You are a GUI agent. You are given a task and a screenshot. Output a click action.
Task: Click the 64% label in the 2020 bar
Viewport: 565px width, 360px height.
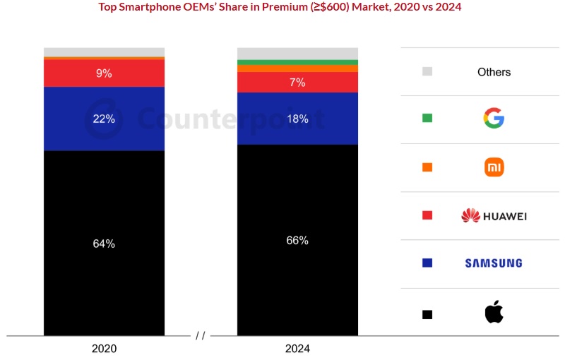click(x=104, y=244)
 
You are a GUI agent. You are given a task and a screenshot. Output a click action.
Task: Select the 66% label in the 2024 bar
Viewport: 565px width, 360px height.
click(x=297, y=240)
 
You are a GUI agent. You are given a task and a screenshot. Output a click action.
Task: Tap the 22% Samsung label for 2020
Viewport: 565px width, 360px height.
click(x=104, y=119)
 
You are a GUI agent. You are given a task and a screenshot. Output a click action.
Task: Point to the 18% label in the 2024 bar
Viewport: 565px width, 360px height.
click(x=297, y=119)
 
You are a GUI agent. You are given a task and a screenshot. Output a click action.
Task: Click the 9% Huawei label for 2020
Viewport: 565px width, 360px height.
click(x=104, y=73)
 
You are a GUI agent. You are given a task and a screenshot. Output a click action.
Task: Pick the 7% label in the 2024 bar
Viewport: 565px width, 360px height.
click(x=297, y=83)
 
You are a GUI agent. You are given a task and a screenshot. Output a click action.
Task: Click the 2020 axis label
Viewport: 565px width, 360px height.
click(x=104, y=349)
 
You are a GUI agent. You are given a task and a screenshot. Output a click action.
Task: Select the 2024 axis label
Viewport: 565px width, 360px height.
click(x=297, y=349)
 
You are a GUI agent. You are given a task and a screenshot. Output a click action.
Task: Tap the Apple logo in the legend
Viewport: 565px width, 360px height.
click(x=494, y=311)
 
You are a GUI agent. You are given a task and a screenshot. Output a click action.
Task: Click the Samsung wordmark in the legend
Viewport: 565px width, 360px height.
click(x=494, y=263)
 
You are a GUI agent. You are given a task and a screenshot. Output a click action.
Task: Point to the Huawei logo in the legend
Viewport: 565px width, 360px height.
click(x=494, y=215)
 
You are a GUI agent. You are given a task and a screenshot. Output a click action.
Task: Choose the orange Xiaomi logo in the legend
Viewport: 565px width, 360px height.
click(x=494, y=167)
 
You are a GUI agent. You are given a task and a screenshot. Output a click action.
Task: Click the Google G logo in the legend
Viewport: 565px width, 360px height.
click(x=494, y=119)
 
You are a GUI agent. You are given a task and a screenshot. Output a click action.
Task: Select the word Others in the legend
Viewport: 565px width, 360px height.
click(x=494, y=72)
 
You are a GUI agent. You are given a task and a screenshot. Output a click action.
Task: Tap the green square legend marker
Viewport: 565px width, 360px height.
click(x=427, y=119)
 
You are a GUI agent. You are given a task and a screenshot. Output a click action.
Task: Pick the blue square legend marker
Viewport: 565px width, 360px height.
click(x=427, y=263)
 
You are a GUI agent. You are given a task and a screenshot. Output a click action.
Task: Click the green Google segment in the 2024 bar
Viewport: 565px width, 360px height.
click(x=297, y=62)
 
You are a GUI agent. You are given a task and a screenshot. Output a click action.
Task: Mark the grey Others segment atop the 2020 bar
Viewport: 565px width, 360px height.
click(x=104, y=52)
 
